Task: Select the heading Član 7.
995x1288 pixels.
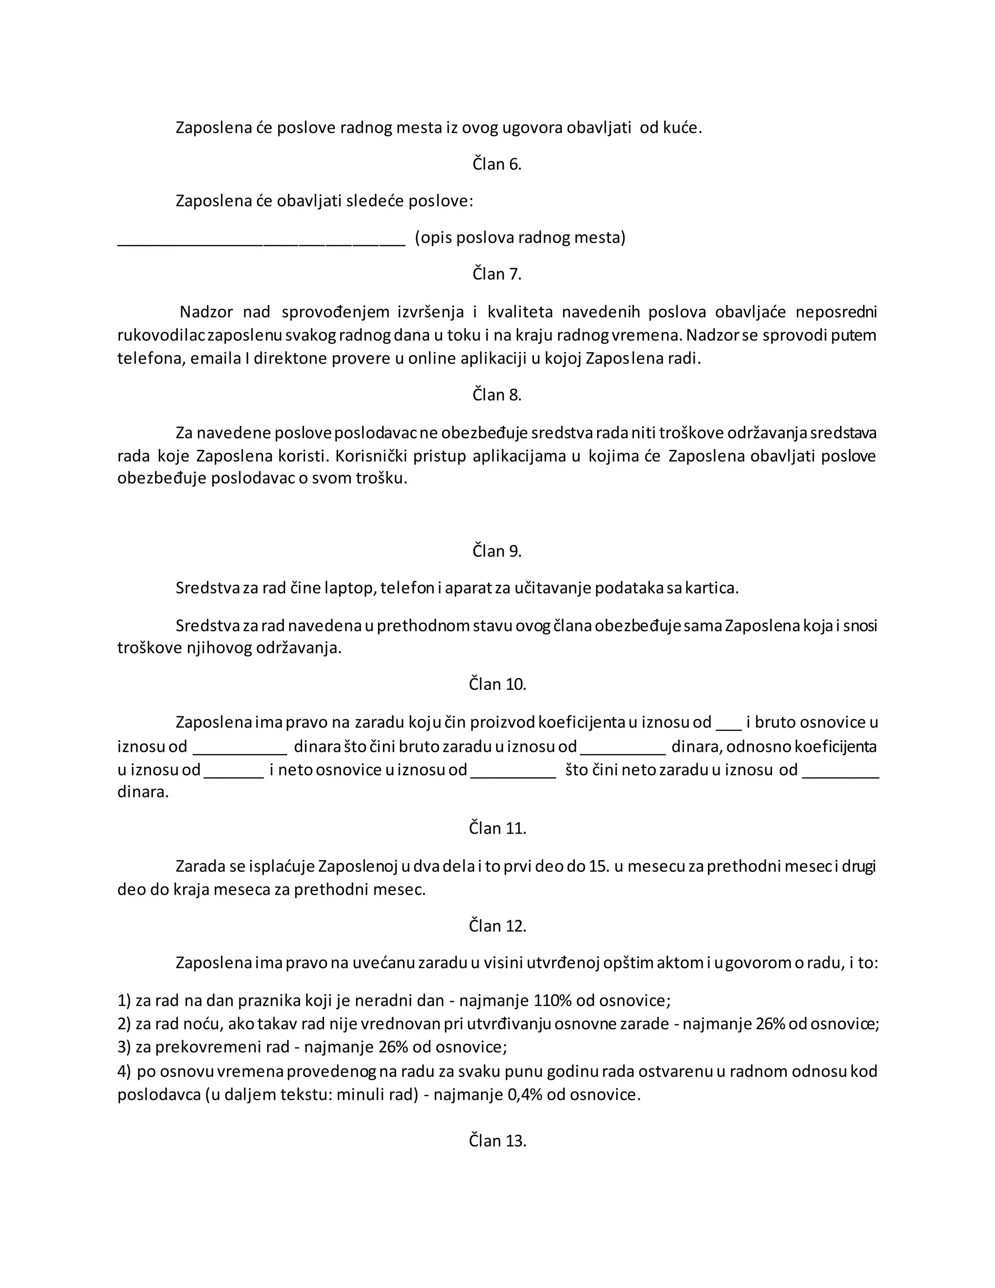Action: click(497, 274)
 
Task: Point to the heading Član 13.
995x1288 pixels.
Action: click(497, 1141)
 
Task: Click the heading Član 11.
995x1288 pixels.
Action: click(497, 828)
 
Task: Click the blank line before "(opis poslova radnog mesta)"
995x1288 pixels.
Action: click(261, 242)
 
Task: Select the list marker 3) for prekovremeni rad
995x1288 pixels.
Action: click(124, 1047)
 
